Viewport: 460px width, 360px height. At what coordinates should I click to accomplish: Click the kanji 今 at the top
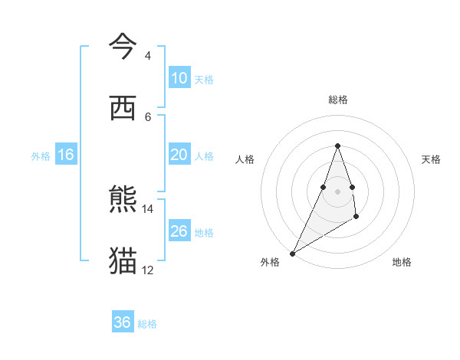123,47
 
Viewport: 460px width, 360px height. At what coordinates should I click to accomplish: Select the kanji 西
123,108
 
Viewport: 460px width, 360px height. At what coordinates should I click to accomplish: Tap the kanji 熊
123,200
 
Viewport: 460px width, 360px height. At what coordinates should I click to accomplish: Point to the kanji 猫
123,260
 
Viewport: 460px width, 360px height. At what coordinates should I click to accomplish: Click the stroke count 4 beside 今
147,56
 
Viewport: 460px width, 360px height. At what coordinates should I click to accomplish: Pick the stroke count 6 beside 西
147,116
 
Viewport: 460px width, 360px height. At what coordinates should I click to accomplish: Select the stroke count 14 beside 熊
148,208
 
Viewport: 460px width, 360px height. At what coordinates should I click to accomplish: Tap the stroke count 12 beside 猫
148,270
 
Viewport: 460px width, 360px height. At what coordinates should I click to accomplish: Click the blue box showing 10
179,78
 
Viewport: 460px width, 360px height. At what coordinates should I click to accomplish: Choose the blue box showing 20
179,155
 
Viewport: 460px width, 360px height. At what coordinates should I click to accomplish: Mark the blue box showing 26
179,231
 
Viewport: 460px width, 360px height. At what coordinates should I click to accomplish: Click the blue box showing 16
65,155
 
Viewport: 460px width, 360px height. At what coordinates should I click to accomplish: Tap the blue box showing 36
122,322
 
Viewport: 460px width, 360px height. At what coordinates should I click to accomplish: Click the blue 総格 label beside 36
147,324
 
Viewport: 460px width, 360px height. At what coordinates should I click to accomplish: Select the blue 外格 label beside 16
41,156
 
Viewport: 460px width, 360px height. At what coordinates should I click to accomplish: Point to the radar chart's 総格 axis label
337,100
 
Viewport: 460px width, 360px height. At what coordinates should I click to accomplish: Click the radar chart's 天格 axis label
431,159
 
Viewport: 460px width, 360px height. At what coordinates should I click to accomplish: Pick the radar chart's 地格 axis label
402,262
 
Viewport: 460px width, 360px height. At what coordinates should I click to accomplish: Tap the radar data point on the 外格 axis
292,253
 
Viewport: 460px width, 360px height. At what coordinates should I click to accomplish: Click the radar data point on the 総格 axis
337,146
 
